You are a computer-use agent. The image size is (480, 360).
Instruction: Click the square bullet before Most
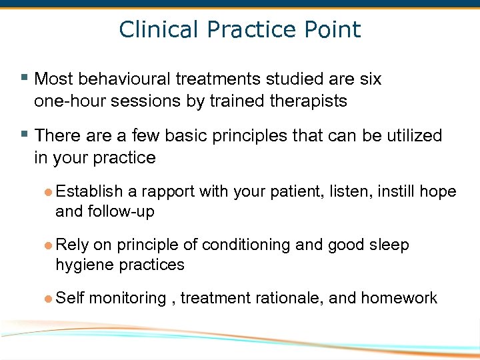tap(25, 79)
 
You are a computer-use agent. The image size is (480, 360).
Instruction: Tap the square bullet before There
tap(25, 135)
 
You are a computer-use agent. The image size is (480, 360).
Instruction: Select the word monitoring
tap(127, 299)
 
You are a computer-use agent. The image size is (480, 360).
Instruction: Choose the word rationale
tap(285, 299)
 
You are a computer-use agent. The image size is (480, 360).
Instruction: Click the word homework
tap(399, 299)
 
